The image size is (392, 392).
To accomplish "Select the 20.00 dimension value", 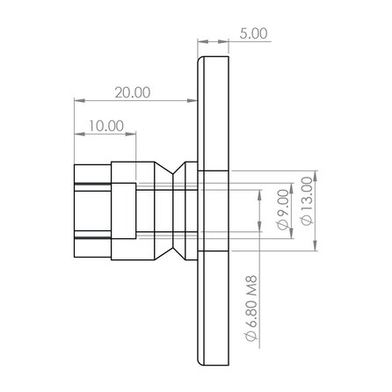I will point(132,91).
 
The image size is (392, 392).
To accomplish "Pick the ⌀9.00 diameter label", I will point(281,210).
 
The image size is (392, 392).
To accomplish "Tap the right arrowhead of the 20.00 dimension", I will point(192,98).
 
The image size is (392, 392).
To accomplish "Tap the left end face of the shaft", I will point(75,211).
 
